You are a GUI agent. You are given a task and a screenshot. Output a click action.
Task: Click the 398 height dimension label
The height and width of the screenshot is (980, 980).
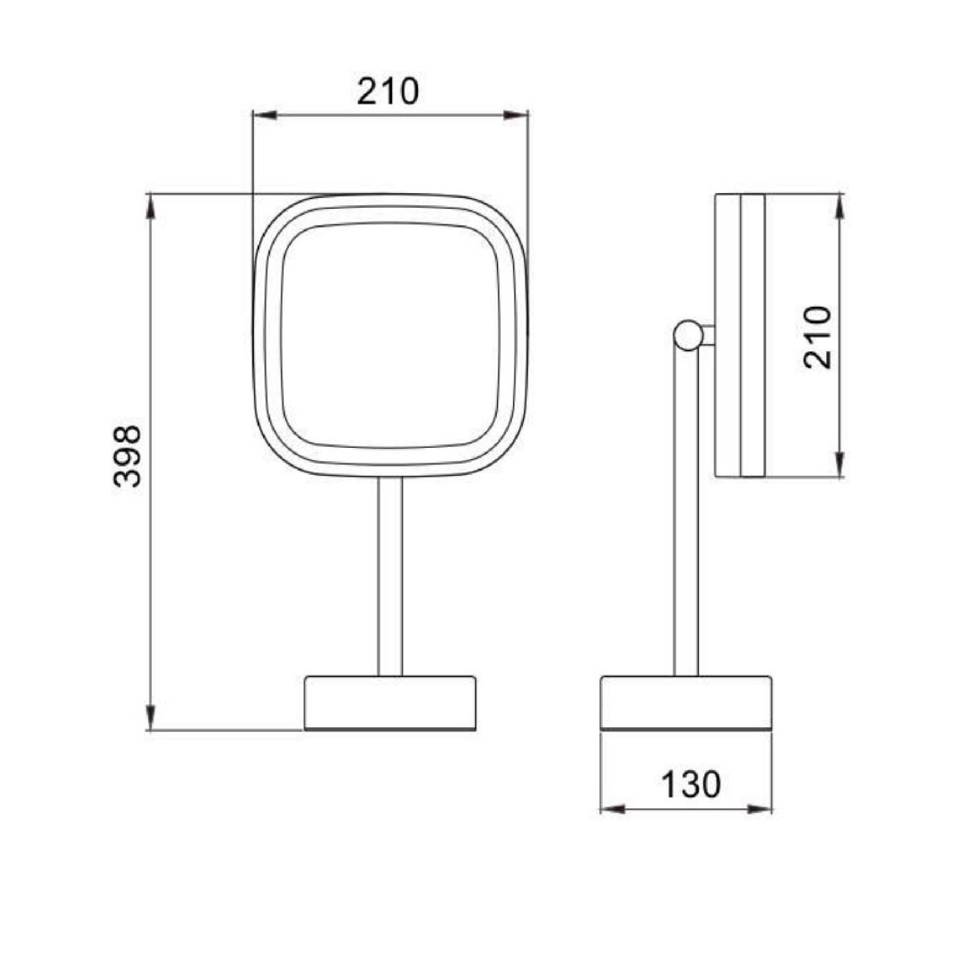(x=127, y=456)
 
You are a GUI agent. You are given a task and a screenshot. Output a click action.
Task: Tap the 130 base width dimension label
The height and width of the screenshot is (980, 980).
(x=690, y=784)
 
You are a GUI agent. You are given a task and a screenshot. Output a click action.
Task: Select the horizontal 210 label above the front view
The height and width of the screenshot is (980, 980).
(x=388, y=91)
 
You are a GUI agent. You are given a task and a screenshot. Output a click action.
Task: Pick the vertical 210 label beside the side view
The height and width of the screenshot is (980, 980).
(x=817, y=337)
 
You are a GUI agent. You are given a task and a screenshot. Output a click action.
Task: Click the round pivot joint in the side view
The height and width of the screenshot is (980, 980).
(x=688, y=335)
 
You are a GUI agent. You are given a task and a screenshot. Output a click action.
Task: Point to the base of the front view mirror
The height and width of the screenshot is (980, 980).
(x=390, y=703)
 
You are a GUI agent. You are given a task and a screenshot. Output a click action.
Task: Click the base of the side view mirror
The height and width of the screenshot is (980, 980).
(x=686, y=703)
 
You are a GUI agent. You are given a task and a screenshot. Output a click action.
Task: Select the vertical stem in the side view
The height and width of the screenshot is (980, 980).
(x=686, y=513)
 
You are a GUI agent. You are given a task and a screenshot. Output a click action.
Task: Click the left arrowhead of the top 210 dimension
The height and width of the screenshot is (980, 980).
(x=264, y=115)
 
